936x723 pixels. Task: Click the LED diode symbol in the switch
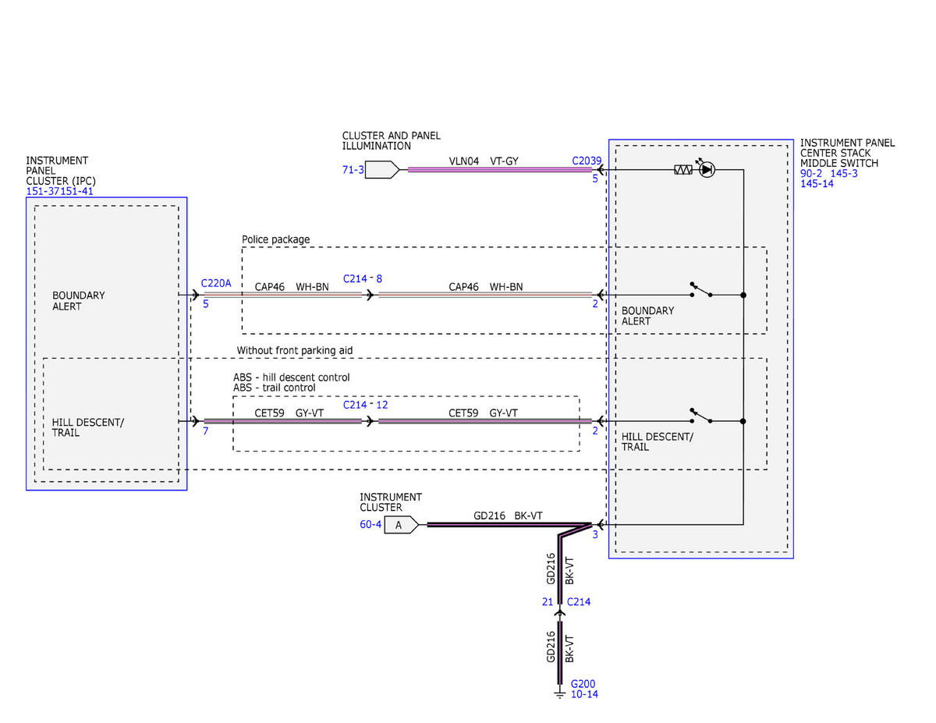coord(707,170)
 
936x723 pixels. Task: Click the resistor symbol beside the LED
coord(683,170)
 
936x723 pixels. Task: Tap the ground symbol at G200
coord(559,693)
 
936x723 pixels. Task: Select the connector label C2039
coord(587,161)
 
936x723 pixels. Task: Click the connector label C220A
coord(216,283)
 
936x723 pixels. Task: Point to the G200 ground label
coord(583,684)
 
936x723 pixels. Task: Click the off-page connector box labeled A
coord(401,525)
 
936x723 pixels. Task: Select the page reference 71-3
coord(353,170)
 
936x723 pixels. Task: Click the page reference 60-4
coord(370,524)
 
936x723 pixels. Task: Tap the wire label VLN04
coord(463,161)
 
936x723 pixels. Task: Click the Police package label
coord(275,239)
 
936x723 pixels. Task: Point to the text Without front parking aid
coord(295,350)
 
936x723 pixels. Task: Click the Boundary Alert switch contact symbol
coord(700,289)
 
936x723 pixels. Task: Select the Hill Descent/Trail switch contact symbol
coord(700,416)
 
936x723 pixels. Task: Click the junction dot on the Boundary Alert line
coord(743,295)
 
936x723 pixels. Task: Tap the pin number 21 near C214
coord(547,602)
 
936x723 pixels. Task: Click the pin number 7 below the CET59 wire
coord(205,431)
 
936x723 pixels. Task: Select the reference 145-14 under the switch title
coord(817,184)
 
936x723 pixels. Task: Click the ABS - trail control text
coord(275,388)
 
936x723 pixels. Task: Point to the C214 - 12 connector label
coord(365,405)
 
